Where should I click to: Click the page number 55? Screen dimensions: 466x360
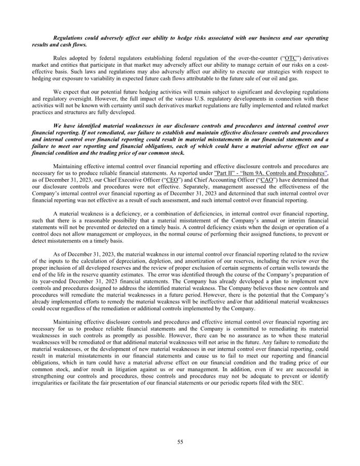click(x=180, y=442)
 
